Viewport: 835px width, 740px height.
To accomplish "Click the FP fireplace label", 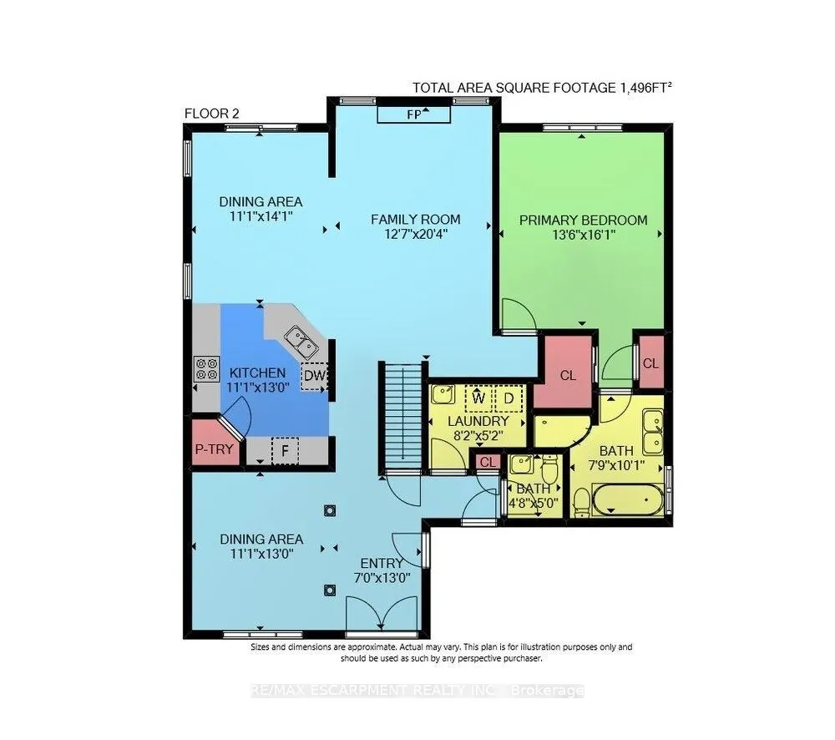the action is [x=413, y=114].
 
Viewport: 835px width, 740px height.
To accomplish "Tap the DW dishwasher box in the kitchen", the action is [x=314, y=376].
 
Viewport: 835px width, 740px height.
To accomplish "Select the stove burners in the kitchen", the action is [x=206, y=368].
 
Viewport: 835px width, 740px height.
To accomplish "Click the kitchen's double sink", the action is [x=301, y=342].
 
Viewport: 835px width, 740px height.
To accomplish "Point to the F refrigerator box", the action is [x=285, y=451].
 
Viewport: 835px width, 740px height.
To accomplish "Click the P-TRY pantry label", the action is [x=214, y=449].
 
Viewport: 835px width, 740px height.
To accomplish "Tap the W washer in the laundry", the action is [x=478, y=398].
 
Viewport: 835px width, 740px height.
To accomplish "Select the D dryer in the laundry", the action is [x=509, y=398].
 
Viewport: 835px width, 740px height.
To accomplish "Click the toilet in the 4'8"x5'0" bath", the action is [x=549, y=469].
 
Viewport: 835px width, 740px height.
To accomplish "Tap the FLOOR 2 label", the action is [x=212, y=114].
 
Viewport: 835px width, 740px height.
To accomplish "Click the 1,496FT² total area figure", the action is [x=645, y=88].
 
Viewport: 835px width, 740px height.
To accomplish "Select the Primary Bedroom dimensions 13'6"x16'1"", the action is [x=584, y=235].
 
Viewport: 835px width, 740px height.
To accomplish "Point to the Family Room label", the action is [x=415, y=220].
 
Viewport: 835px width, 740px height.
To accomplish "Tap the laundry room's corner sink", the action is [x=443, y=395].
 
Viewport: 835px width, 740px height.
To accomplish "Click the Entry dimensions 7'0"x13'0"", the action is [x=382, y=577].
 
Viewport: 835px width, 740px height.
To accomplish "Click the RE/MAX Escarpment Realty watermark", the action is [x=417, y=691].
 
